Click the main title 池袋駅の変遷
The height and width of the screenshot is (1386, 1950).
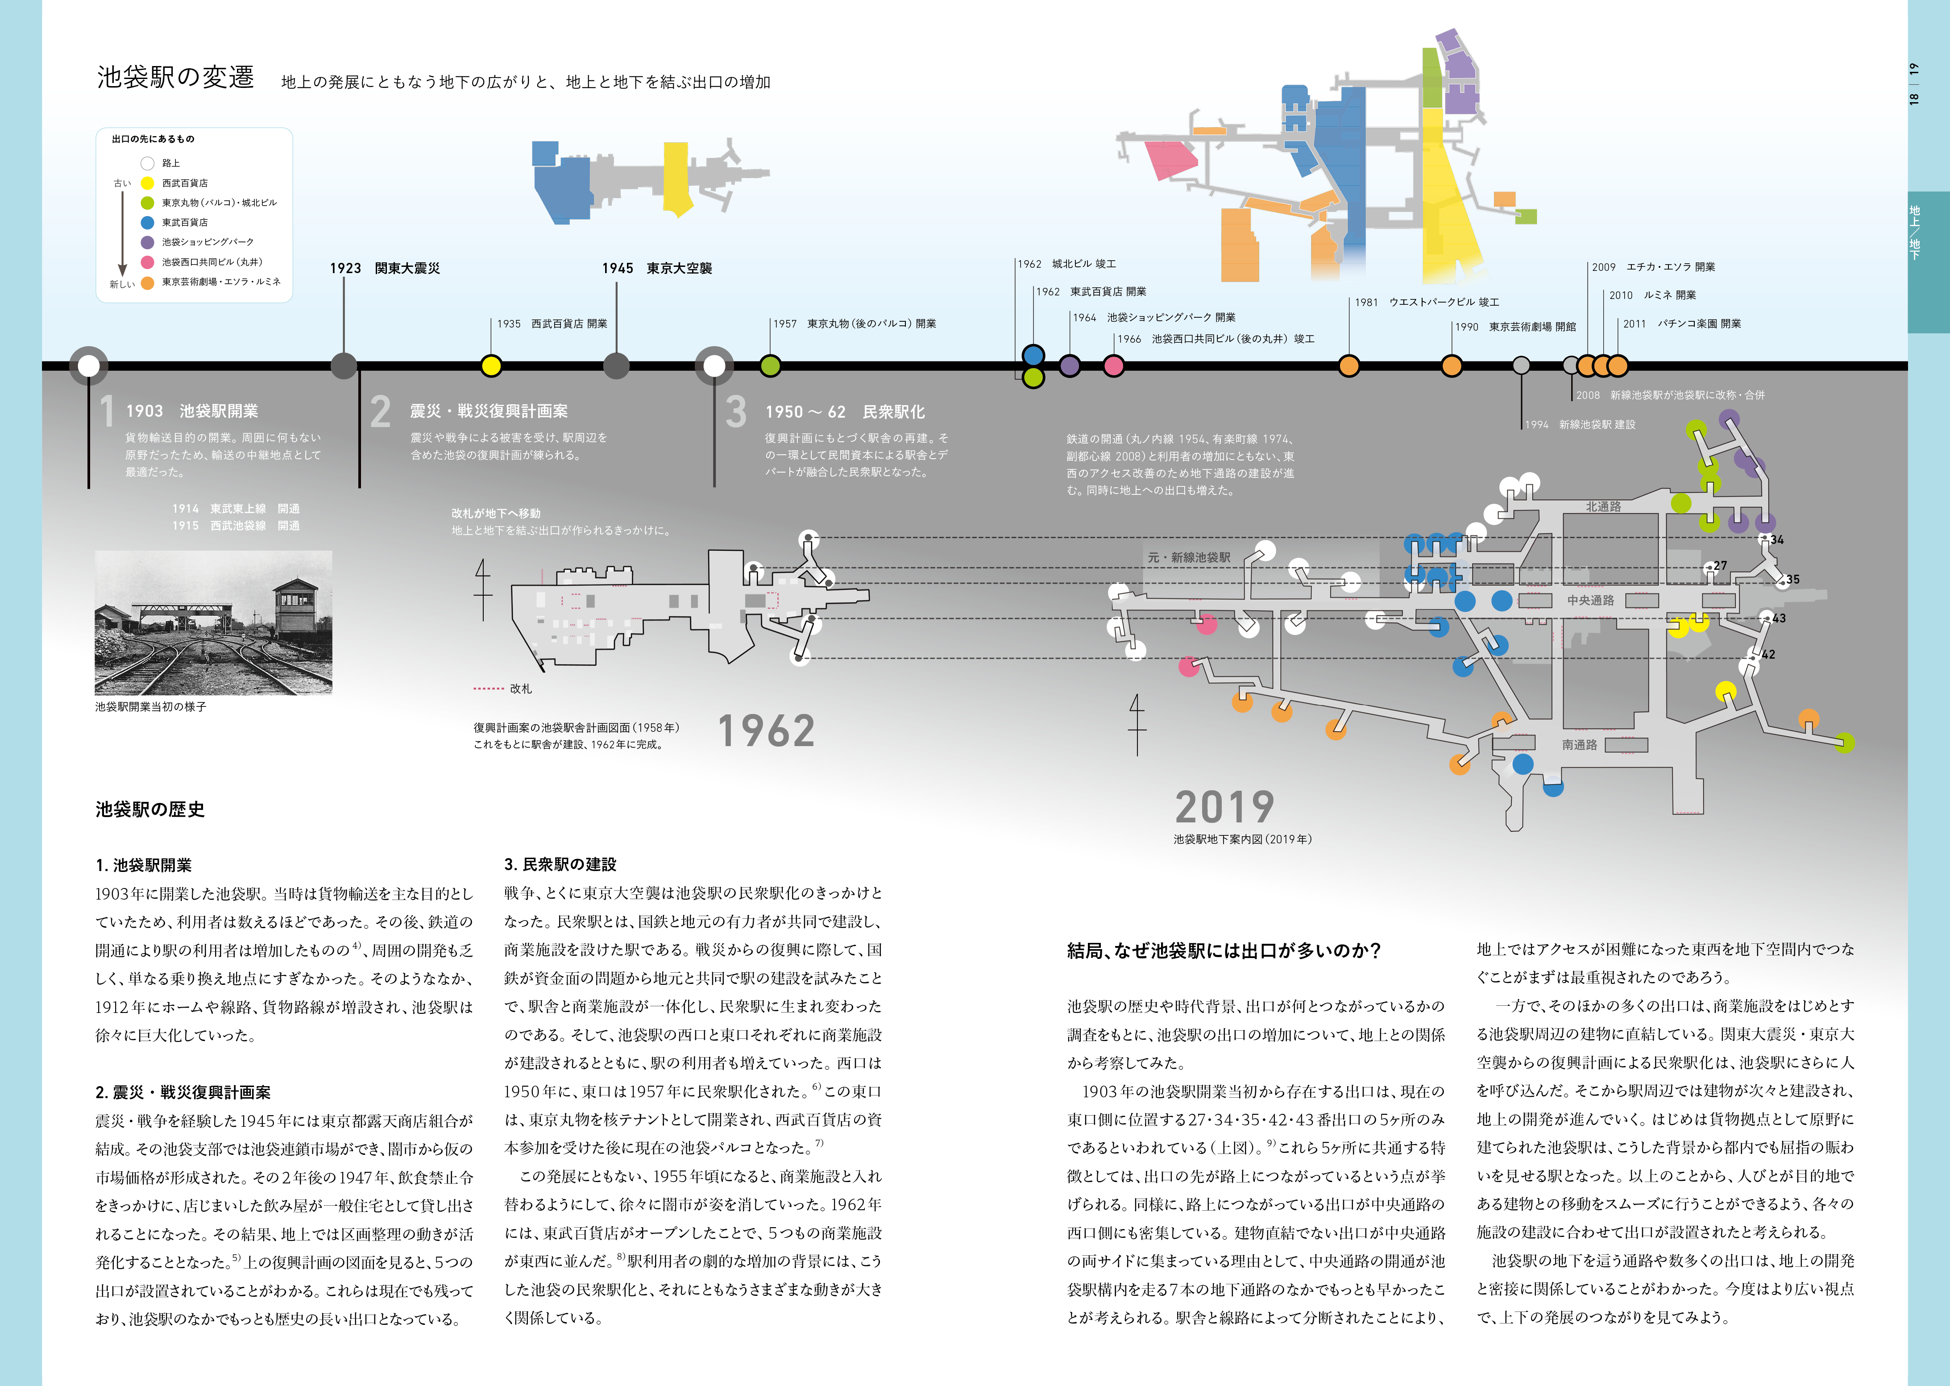click(176, 77)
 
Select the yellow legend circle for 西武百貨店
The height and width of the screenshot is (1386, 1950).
click(148, 183)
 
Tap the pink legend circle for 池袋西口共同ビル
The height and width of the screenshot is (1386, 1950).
click(148, 262)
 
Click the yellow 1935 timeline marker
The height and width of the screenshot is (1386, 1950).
click(491, 366)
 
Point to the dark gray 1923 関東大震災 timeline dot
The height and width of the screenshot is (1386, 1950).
click(344, 366)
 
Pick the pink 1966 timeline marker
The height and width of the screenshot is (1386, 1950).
click(1114, 366)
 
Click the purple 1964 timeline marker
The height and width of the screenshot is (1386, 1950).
click(1069, 366)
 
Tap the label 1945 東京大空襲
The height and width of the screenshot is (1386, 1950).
click(657, 268)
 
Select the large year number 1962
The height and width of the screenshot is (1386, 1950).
click(766, 731)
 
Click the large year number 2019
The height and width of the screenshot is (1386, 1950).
click(1224, 806)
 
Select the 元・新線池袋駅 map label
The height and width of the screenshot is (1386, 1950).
click(1189, 557)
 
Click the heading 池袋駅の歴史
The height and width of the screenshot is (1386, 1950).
click(150, 809)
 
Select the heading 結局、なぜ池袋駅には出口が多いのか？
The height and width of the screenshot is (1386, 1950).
click(1224, 951)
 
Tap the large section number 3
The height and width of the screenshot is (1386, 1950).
click(736, 411)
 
